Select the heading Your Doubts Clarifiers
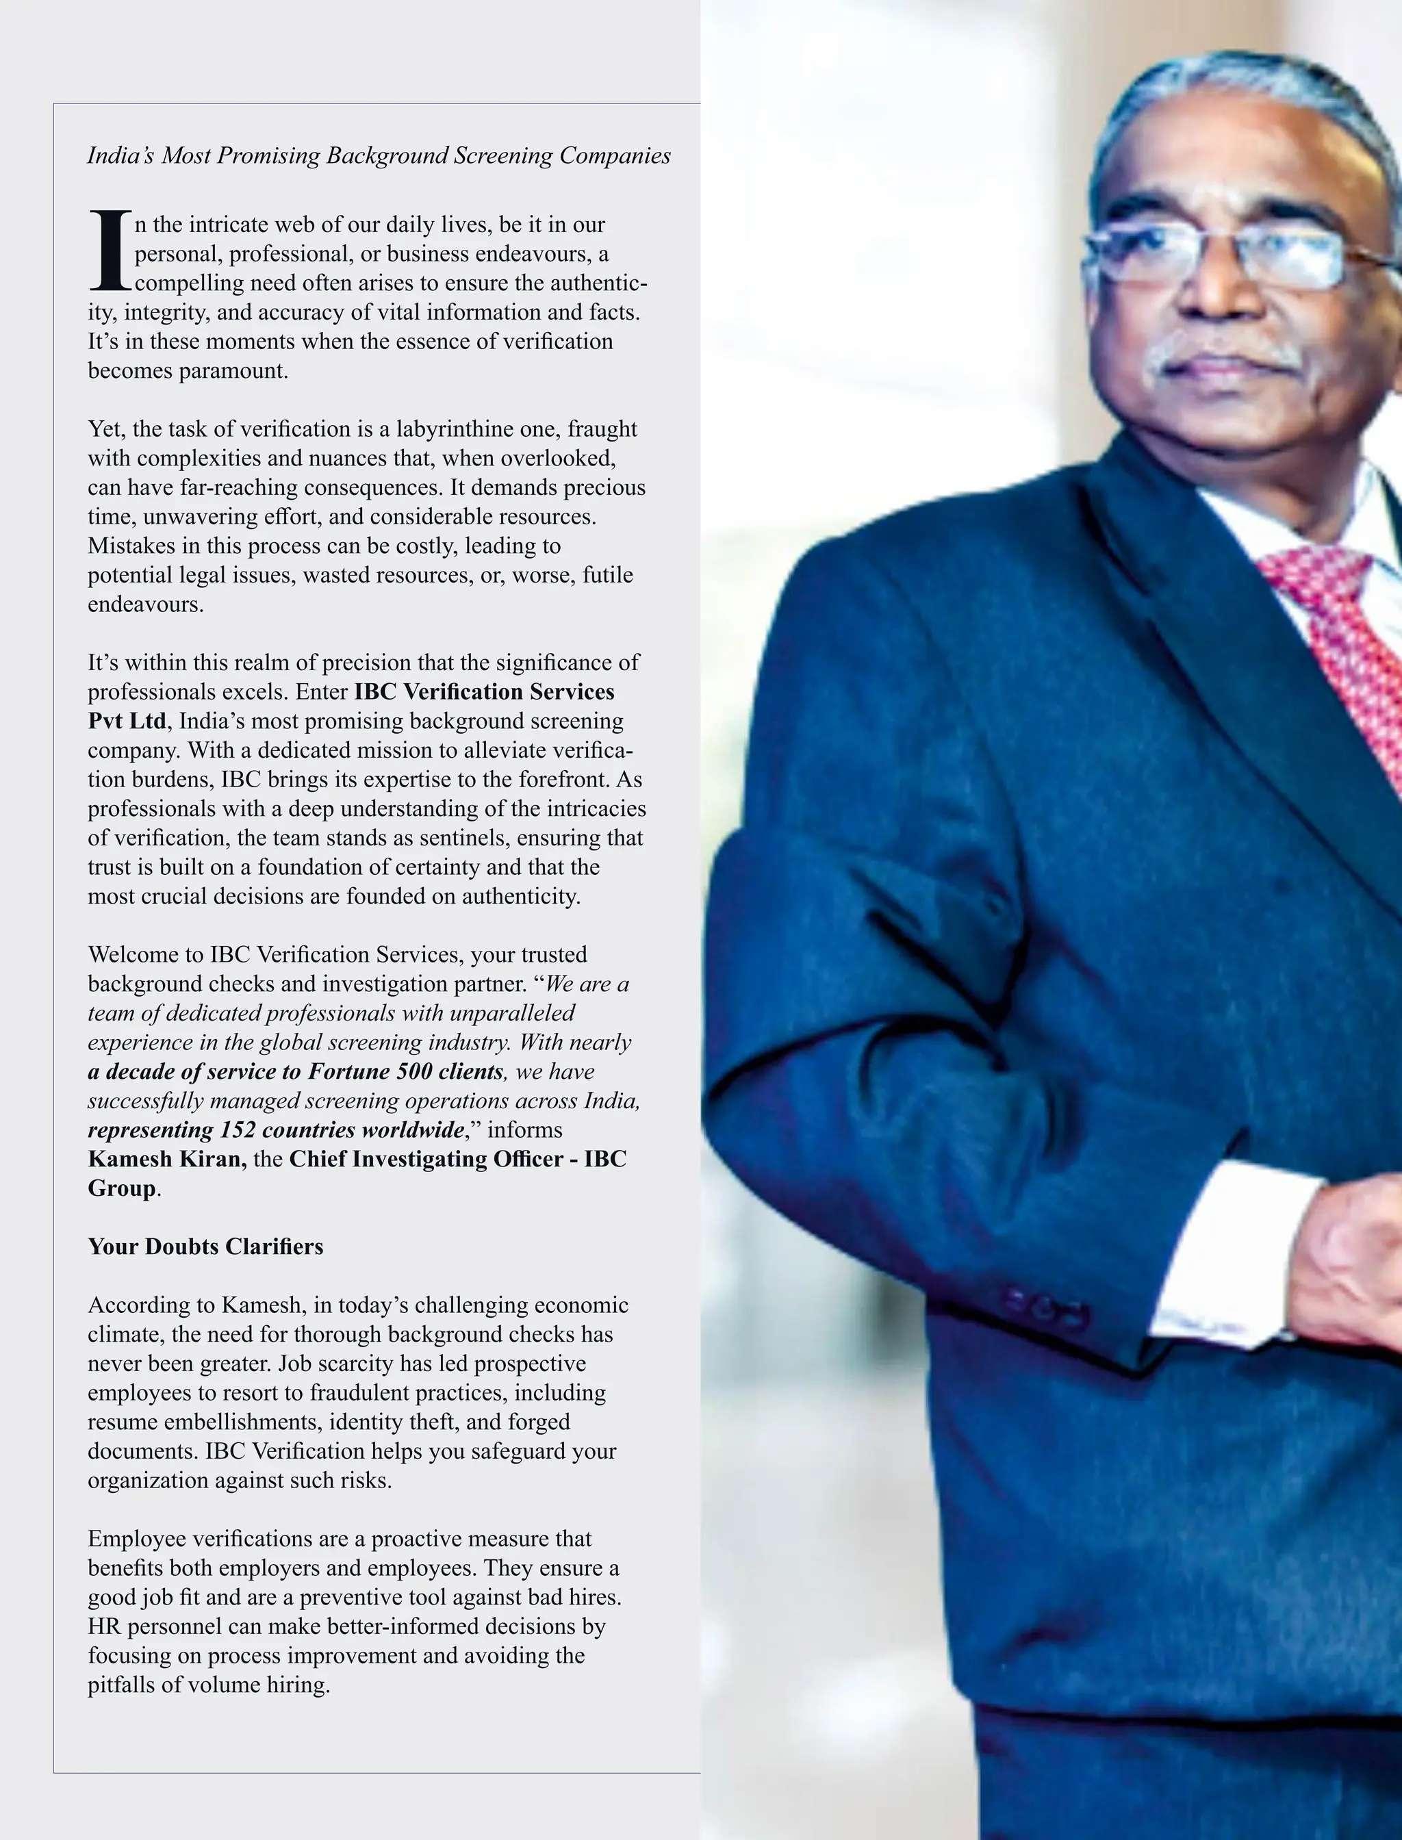click(x=205, y=1247)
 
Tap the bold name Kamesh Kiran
click(x=167, y=1159)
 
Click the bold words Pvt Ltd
click(x=127, y=721)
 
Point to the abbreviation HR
click(x=104, y=1626)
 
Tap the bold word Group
click(x=122, y=1188)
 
